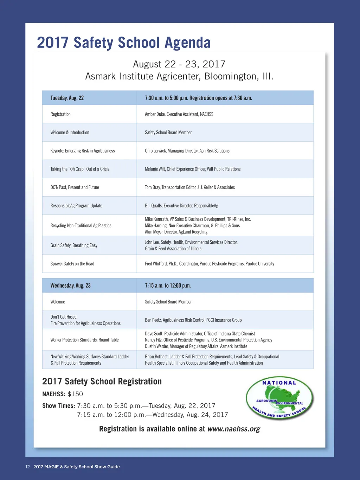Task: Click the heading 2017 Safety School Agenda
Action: pyautogui.click(x=124, y=43)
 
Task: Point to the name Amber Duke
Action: pyautogui.click(x=155, y=114)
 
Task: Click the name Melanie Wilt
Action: pyautogui.click(x=155, y=169)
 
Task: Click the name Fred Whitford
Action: pyautogui.click(x=156, y=264)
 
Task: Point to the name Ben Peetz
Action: pyautogui.click(x=153, y=320)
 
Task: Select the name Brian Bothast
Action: pyautogui.click(x=156, y=357)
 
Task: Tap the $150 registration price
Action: pyautogui.click(x=75, y=394)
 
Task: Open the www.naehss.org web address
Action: pyautogui.click(x=233, y=429)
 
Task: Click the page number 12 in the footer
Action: pyautogui.click(x=27, y=467)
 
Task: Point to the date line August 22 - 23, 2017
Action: pyautogui.click(x=179, y=64)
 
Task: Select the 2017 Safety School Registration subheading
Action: pyautogui.click(x=102, y=382)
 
